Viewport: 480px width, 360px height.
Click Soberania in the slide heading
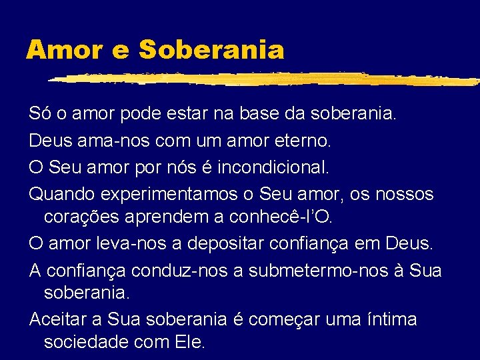pyautogui.click(x=211, y=49)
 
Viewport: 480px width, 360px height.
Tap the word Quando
pyautogui.click(x=61, y=194)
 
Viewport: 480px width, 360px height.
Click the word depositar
pyautogui.click(x=228, y=243)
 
